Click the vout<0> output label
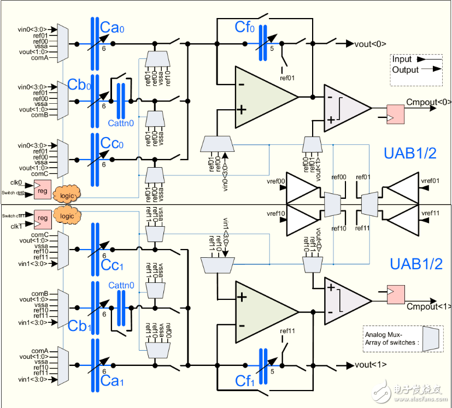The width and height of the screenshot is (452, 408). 371,44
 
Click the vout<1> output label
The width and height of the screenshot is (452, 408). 371,365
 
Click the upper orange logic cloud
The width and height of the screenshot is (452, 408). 67,195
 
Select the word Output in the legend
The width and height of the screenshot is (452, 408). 406,69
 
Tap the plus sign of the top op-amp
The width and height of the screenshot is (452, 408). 240,110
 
